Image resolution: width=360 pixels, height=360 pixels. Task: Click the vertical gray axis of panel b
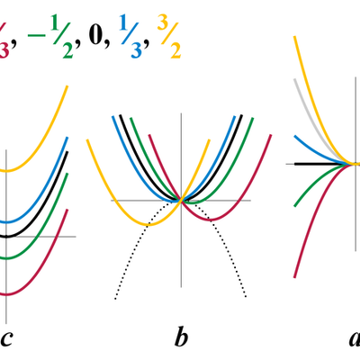point(182,270)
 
